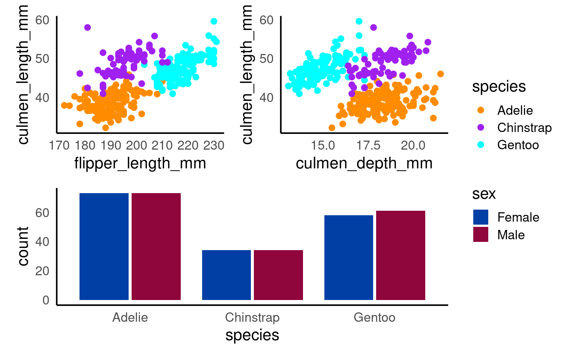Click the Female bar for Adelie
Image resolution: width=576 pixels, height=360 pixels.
(104, 246)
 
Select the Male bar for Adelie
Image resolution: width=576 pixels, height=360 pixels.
(156, 246)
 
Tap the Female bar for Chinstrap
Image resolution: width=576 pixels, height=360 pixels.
(226, 275)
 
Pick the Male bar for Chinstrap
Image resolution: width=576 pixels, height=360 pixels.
(278, 275)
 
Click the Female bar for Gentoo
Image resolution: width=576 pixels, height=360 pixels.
(349, 258)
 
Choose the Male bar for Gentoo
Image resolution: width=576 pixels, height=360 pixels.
(400, 255)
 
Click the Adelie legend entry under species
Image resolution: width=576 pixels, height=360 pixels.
(515, 110)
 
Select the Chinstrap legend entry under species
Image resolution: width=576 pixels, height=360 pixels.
(524, 127)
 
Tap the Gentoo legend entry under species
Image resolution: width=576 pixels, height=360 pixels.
(518, 145)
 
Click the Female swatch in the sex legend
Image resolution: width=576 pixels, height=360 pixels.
(481, 217)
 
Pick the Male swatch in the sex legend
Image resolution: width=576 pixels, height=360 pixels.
(481, 234)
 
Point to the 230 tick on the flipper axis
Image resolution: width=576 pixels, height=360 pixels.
(214, 145)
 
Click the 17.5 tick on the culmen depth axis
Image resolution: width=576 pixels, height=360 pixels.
(368, 145)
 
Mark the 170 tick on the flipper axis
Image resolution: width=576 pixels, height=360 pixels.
(59, 145)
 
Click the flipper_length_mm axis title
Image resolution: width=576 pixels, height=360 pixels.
(140, 163)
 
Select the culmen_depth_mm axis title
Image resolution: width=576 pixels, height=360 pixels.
(364, 163)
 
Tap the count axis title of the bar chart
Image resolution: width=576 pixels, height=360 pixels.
(23, 246)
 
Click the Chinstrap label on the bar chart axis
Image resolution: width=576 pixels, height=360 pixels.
(252, 318)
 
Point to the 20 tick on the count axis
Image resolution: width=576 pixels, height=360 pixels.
(42, 271)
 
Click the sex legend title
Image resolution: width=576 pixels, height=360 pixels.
(484, 194)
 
